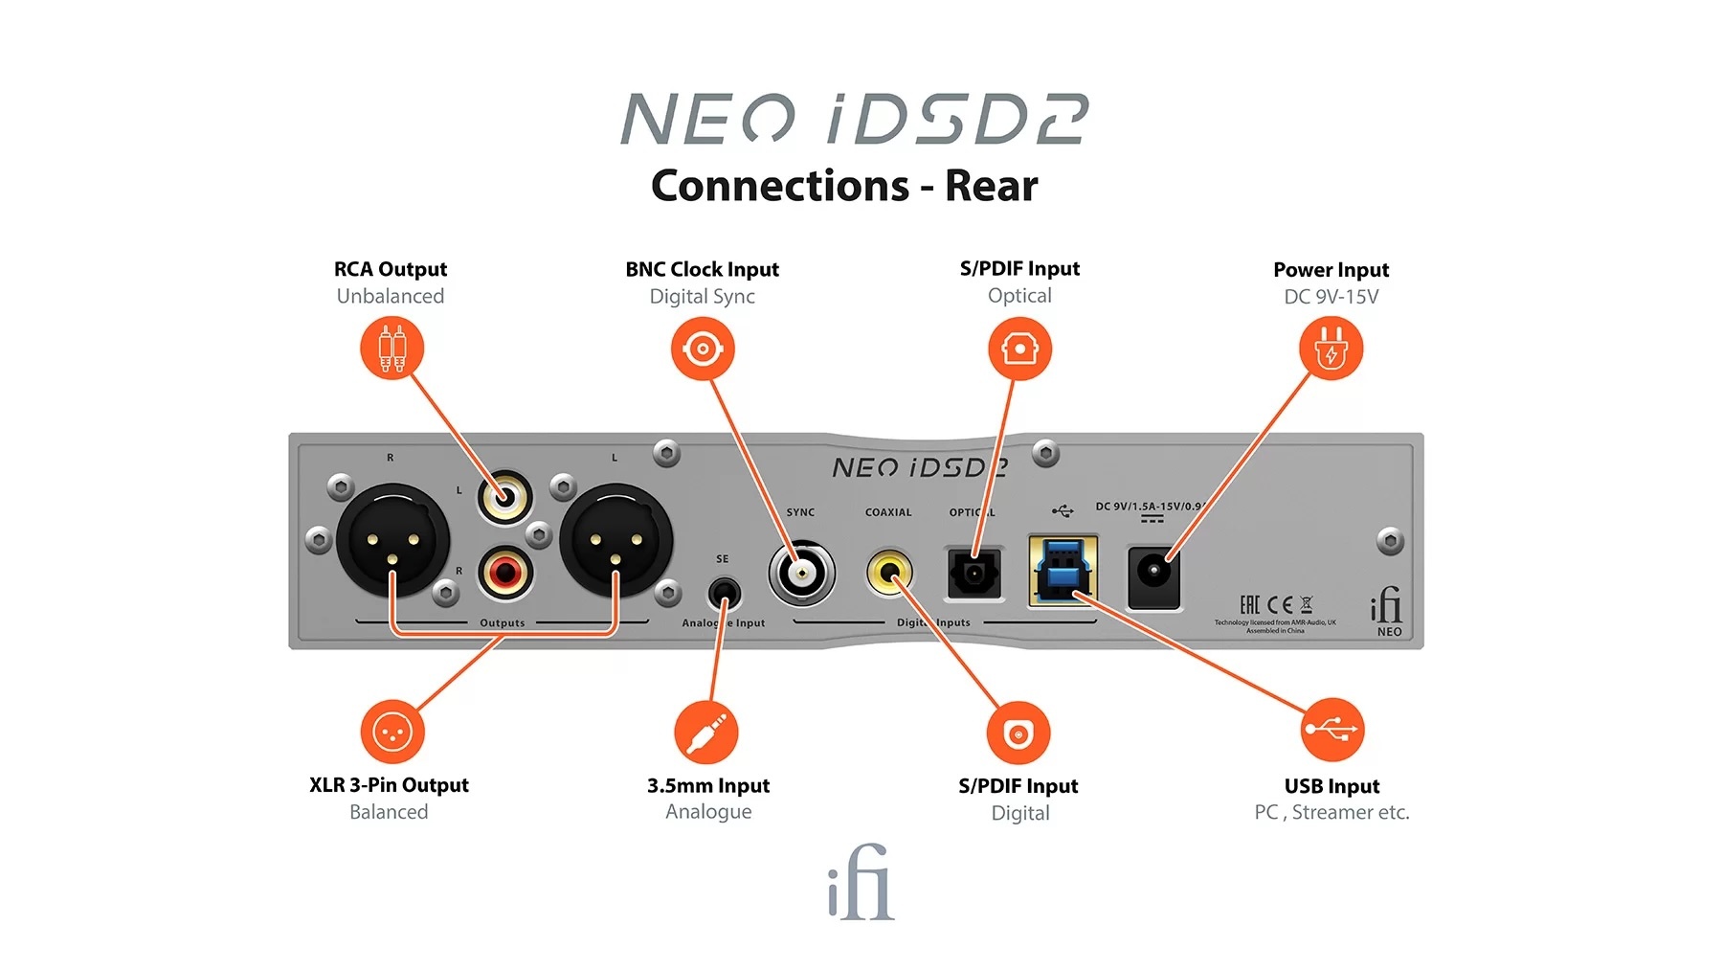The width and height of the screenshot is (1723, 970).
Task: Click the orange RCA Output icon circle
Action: click(x=392, y=349)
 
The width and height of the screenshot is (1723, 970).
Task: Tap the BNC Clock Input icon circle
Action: click(x=703, y=349)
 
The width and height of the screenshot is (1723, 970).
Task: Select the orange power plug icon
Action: click(x=1331, y=349)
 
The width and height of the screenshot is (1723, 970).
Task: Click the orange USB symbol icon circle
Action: click(x=1331, y=731)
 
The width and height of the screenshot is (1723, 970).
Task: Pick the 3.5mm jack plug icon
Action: click(x=706, y=733)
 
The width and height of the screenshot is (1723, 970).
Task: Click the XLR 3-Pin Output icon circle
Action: click(x=392, y=733)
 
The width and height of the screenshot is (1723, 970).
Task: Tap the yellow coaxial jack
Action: click(x=889, y=573)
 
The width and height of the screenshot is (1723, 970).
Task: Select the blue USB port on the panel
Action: click(x=1063, y=572)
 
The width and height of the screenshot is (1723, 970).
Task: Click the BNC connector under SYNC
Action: click(x=801, y=574)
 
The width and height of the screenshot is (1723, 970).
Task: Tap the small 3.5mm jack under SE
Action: click(x=724, y=594)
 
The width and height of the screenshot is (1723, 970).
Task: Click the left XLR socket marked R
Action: click(x=392, y=541)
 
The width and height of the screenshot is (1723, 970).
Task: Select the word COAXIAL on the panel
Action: click(x=888, y=512)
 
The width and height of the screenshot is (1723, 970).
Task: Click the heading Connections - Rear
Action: click(x=844, y=186)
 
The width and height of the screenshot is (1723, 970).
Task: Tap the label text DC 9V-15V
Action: click(x=1331, y=297)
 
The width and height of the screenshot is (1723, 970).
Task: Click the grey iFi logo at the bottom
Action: click(x=861, y=884)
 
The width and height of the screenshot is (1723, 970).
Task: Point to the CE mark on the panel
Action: click(x=1280, y=604)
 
